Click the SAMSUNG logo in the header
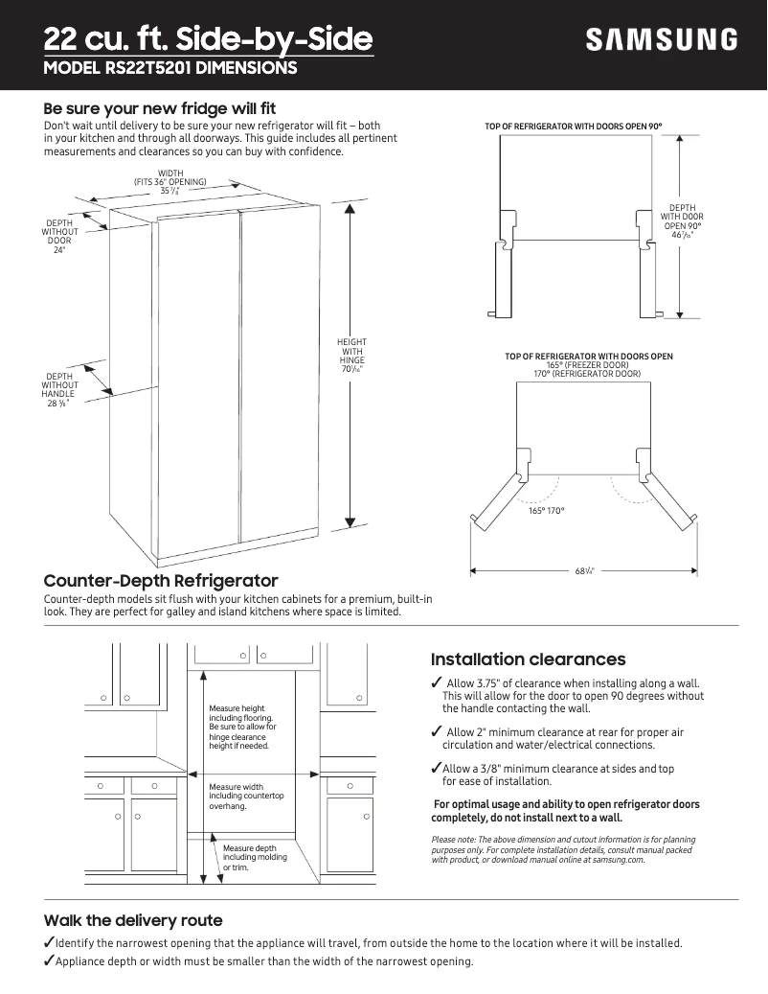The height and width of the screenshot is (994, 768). click(x=662, y=40)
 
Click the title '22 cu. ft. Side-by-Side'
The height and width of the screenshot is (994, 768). click(x=208, y=39)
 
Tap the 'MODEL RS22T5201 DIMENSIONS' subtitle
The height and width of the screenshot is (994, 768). click(x=170, y=69)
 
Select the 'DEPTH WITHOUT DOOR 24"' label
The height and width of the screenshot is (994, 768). click(x=59, y=237)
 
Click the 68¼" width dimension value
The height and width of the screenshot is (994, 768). click(x=584, y=571)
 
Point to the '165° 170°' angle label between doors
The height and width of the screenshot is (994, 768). click(x=547, y=511)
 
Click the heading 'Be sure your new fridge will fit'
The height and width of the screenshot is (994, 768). click(x=160, y=108)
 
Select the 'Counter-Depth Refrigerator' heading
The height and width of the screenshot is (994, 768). click(x=161, y=581)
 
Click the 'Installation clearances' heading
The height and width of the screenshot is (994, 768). click(x=528, y=659)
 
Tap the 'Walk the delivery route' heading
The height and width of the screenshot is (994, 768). click(x=133, y=920)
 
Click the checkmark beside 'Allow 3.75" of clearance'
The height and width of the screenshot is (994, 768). click(x=437, y=682)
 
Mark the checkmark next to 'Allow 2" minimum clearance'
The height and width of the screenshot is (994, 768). click(x=437, y=732)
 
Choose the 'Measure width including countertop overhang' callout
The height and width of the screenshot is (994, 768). click(x=246, y=797)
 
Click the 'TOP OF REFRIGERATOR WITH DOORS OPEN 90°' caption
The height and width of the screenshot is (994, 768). click(x=574, y=127)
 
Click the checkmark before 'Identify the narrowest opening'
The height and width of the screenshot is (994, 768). click(x=49, y=942)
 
